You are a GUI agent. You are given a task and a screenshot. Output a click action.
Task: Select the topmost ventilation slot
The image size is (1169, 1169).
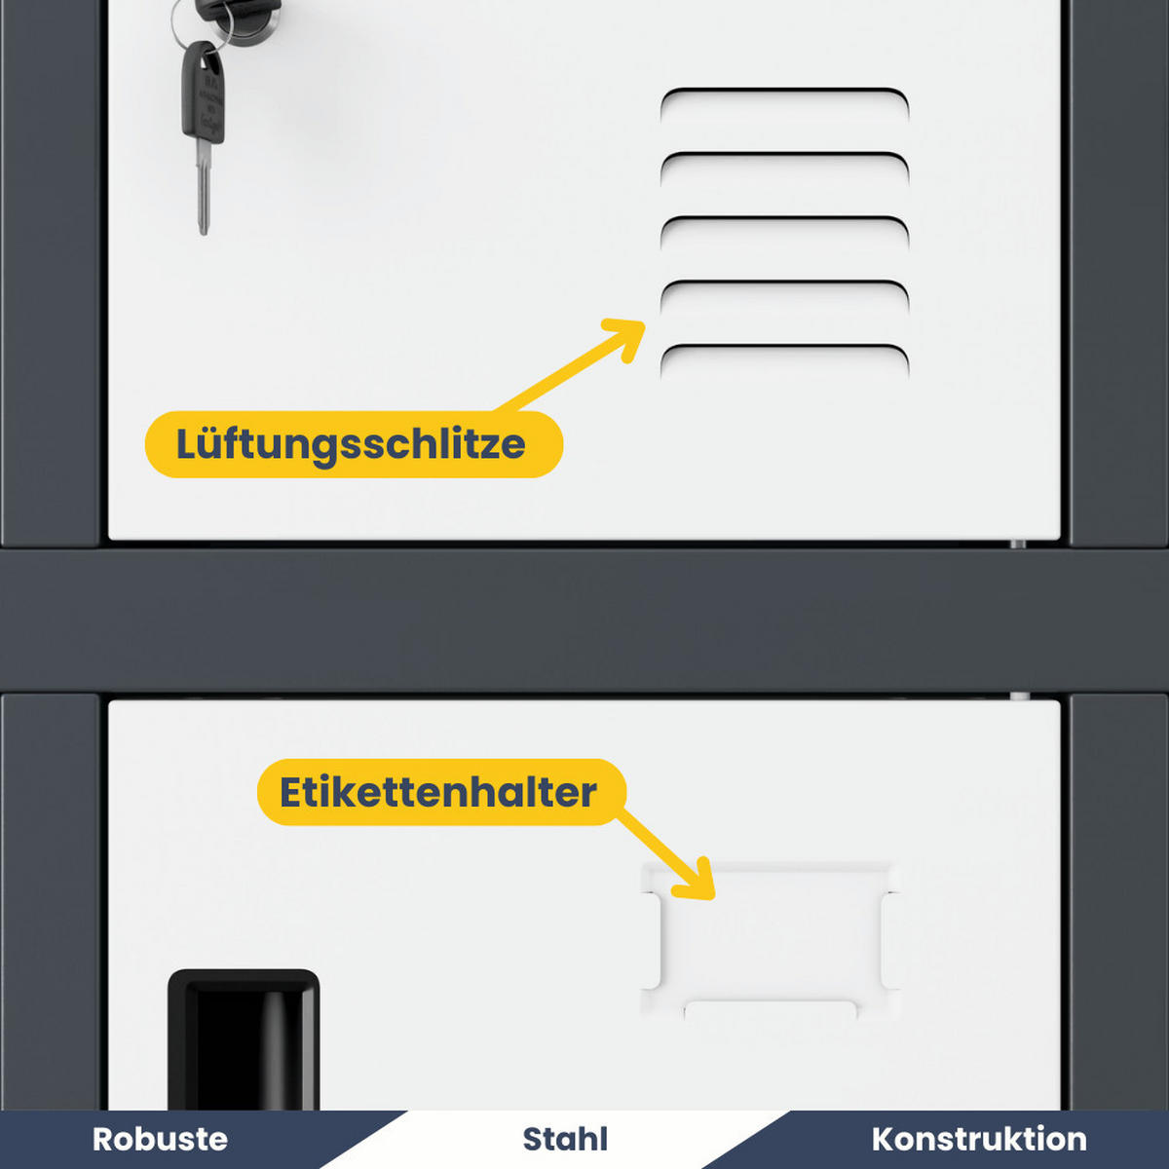pos(784,97)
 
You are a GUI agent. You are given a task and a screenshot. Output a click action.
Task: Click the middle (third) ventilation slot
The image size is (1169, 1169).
pos(784,226)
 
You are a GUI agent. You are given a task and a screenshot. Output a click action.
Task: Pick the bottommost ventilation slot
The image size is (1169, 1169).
pos(784,354)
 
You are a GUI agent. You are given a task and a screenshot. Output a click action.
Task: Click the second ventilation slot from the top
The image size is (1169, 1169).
pos(784,162)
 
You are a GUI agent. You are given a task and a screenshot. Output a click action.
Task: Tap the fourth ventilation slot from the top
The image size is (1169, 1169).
pos(784,290)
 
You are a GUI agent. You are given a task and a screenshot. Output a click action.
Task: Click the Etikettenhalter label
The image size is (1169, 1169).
pos(439,792)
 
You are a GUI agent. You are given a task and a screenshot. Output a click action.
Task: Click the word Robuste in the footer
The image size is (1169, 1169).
pos(160,1139)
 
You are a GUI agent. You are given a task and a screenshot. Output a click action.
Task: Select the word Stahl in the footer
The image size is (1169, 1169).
pos(565,1139)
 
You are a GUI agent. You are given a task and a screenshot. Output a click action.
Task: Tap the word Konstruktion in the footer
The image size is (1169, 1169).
pos(978,1139)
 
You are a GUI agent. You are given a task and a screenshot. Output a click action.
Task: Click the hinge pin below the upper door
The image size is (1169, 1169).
pos(1018,544)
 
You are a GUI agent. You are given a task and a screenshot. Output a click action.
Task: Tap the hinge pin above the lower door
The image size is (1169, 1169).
pos(1019,697)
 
